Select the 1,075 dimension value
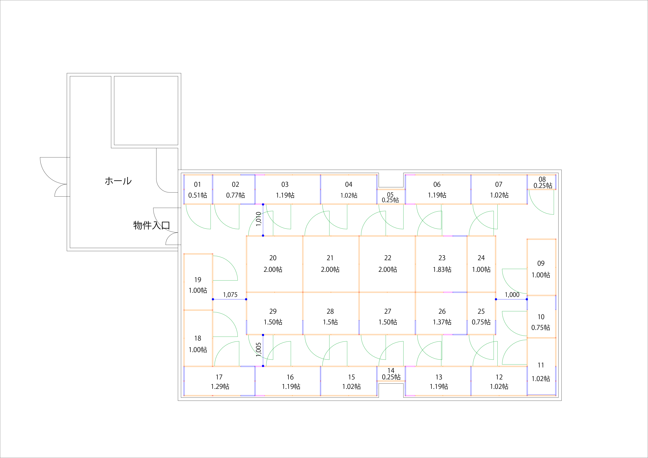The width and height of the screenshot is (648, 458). (230, 295)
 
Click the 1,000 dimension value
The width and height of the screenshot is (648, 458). (512, 295)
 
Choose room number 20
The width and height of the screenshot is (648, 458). (273, 258)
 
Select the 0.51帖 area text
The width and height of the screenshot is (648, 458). (198, 195)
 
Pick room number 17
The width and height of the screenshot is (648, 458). (219, 377)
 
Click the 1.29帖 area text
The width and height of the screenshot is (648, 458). (220, 386)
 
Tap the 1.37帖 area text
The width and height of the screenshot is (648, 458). (442, 322)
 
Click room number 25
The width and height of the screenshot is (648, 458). (481, 311)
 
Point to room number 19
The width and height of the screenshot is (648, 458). (198, 280)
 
